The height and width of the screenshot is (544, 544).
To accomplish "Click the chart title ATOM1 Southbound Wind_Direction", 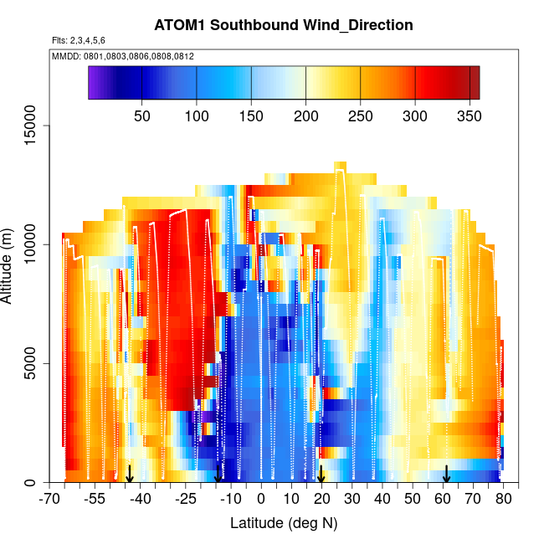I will pos(284,25).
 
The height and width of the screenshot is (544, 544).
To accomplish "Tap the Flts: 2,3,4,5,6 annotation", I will pos(79,40).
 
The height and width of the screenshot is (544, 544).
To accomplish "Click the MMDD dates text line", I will pos(123,56).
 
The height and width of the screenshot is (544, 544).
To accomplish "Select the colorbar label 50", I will pos(142,115).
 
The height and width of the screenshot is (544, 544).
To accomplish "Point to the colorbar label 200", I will pos(305,115).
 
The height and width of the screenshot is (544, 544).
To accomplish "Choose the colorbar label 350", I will pos(470,115).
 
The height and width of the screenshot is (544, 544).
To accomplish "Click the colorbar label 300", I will pos(415,115).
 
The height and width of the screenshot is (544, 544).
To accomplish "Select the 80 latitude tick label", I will pos(502,500).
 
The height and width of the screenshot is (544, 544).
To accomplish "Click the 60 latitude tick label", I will pos(442,500).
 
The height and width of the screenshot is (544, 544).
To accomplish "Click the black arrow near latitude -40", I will pos(130,475).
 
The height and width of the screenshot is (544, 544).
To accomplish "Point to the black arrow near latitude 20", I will pos(321,475).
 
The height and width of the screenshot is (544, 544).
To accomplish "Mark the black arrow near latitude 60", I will pos(447,475).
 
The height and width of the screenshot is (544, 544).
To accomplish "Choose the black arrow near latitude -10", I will pos(218,475).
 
